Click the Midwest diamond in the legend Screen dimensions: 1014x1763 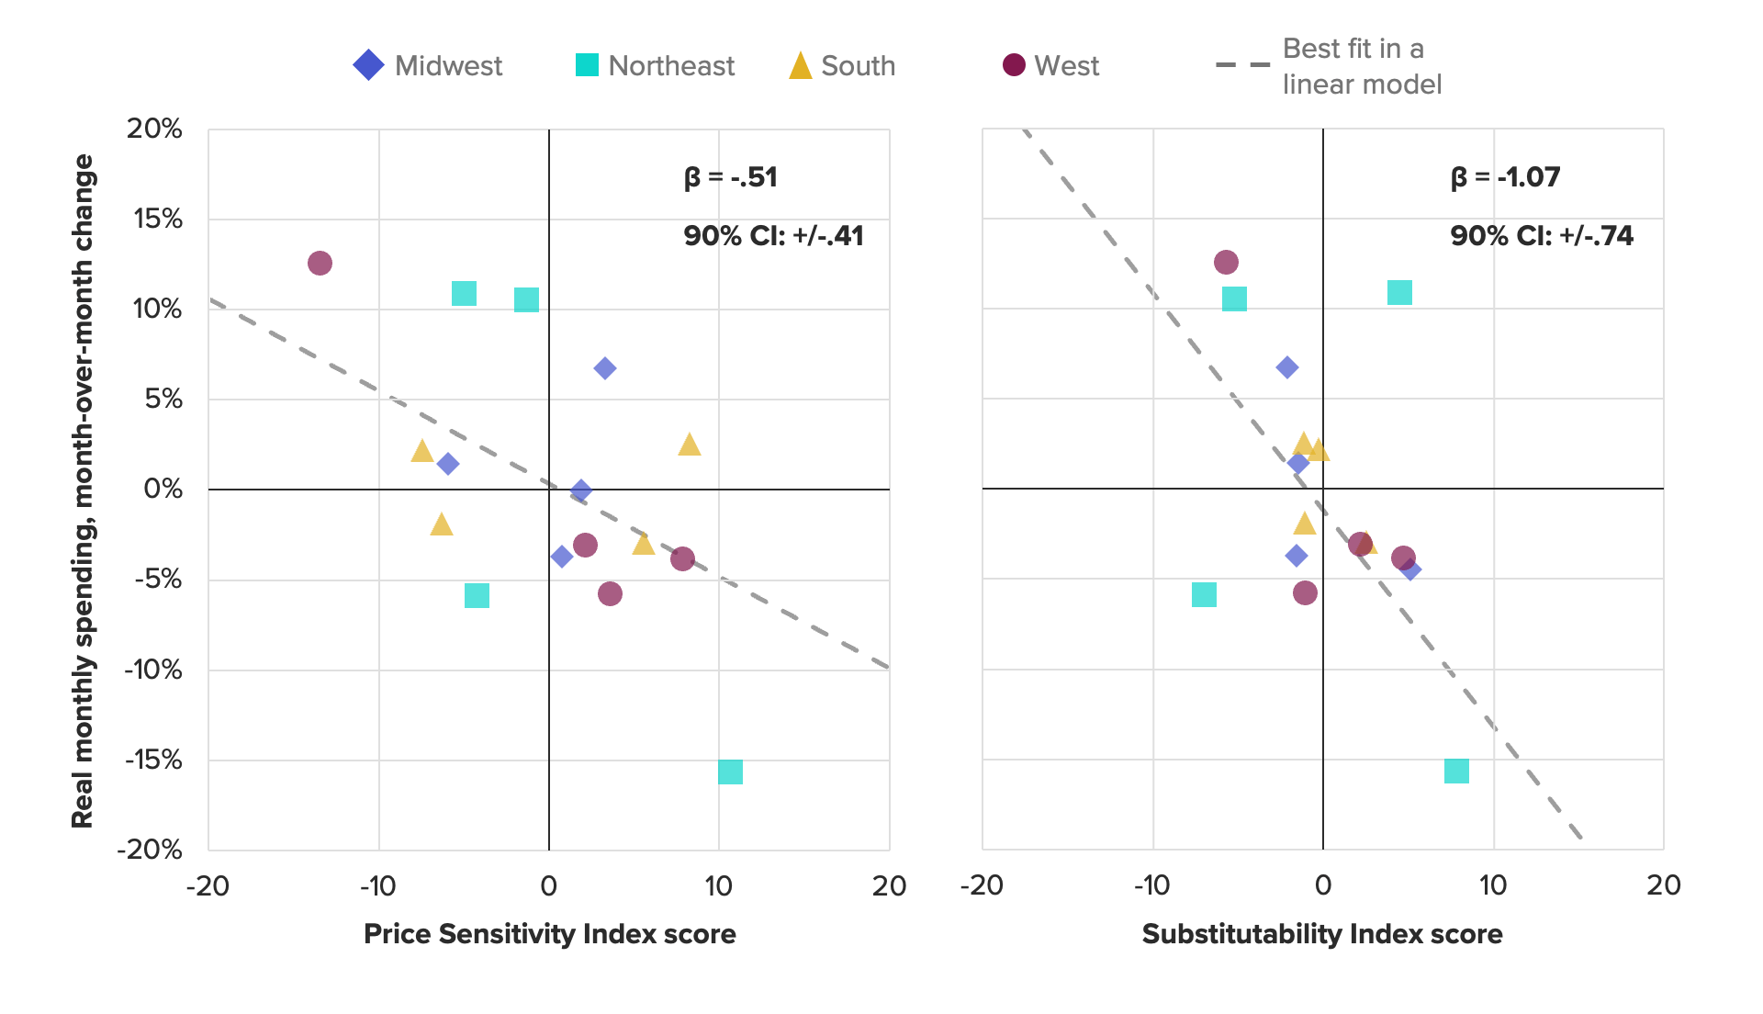point(368,65)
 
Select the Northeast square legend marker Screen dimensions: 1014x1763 point(587,65)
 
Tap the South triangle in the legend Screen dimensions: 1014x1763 point(801,66)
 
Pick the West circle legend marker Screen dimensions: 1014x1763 point(1014,65)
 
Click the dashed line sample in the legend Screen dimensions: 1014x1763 point(1242,65)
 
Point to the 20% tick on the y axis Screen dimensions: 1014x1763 point(154,129)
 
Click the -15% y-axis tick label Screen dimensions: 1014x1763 point(154,760)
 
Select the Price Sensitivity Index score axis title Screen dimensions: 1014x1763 point(549,934)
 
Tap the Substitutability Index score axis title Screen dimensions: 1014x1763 point(1322,934)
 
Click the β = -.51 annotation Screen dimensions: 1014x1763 point(731,177)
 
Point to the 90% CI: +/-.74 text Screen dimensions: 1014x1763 point(1542,236)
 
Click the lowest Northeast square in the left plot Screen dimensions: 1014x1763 point(730,772)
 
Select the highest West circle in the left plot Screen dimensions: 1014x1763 point(320,264)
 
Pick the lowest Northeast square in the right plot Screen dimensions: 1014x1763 point(1456,771)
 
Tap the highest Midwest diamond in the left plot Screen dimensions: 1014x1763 point(604,368)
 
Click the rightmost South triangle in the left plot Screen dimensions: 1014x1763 point(690,445)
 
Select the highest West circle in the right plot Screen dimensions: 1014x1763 point(1226,263)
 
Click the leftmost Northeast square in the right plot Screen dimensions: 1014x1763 point(1204,595)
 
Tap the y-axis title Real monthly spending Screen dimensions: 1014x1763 point(83,490)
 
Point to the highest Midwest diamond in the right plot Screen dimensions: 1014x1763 point(1287,367)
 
